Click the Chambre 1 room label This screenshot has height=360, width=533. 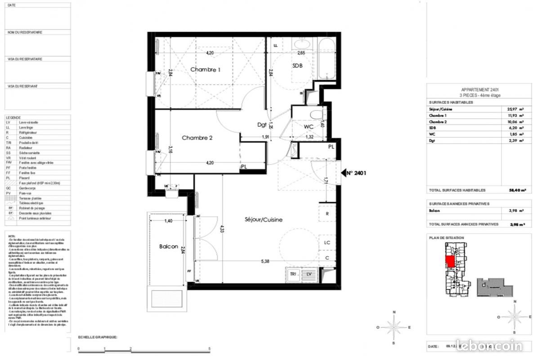(205, 70)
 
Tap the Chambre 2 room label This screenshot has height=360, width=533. (197, 138)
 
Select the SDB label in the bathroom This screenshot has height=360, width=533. (297, 66)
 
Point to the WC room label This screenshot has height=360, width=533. (309, 126)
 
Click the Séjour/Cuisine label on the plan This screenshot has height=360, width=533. (264, 220)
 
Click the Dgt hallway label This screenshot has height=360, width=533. (262, 125)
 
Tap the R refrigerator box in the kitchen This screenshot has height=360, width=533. (327, 214)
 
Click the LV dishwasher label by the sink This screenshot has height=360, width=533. (309, 274)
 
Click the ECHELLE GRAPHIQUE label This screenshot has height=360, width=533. (98, 337)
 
